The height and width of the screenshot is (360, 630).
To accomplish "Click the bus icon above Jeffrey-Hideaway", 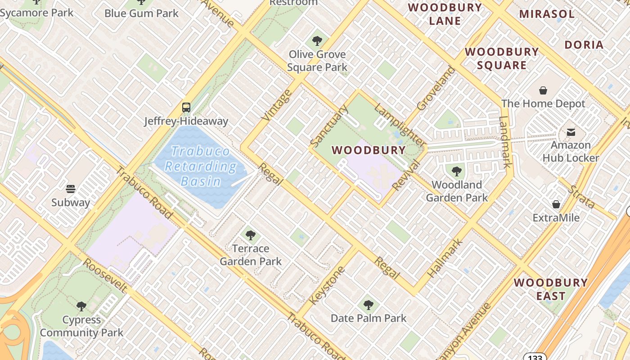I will [x=186, y=108].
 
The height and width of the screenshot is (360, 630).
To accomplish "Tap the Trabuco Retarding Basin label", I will [x=201, y=166].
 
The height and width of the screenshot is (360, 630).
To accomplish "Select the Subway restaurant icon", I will [x=71, y=189].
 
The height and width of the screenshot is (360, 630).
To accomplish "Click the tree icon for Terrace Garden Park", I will [x=251, y=235].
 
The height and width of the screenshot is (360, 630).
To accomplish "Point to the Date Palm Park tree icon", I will [x=369, y=305].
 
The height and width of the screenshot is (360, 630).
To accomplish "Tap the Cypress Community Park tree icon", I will [x=81, y=306].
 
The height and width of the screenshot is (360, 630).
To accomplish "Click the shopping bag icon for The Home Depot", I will [x=543, y=90].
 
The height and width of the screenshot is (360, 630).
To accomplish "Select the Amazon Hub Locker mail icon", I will [x=571, y=132].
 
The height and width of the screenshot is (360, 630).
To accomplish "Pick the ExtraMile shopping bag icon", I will [x=556, y=204].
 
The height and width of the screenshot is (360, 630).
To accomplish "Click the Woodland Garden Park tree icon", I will [x=457, y=171].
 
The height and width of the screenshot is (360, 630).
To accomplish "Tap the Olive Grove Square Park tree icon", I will [x=317, y=41].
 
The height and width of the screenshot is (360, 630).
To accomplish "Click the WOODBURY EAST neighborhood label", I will [x=551, y=289].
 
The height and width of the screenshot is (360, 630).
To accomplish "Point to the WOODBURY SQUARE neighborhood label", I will [x=502, y=58].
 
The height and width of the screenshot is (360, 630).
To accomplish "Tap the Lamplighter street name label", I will [x=400, y=126].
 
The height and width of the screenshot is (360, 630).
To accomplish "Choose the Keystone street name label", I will [x=327, y=285].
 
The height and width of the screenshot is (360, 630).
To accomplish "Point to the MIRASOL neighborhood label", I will [x=547, y=14].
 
